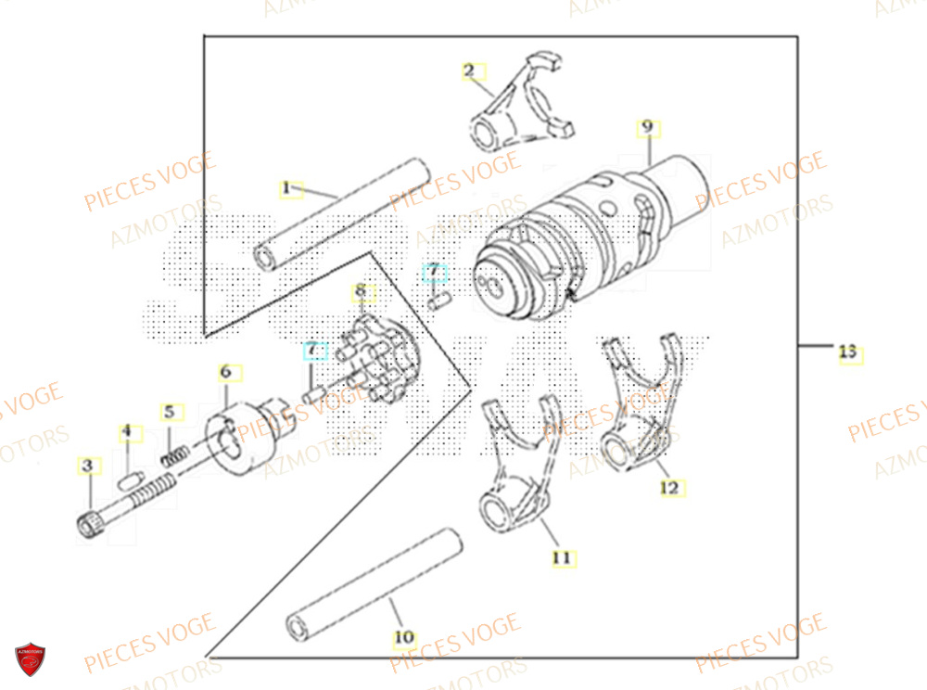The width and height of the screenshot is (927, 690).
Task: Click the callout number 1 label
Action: coord(286,188)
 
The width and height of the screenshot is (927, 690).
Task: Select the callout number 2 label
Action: coord(469,70)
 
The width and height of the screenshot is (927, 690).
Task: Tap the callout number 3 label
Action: coord(87,466)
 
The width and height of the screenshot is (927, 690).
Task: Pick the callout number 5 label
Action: coord(168,411)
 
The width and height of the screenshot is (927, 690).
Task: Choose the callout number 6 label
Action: coord(225,373)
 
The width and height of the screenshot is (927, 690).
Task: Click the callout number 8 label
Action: coord(360,293)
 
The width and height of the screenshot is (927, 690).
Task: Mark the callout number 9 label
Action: coord(647,127)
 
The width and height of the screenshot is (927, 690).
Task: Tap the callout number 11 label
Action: coord(561,557)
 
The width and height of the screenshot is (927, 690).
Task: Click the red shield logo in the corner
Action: coord(30,658)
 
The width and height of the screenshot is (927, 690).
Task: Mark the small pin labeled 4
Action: coord(130,479)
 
